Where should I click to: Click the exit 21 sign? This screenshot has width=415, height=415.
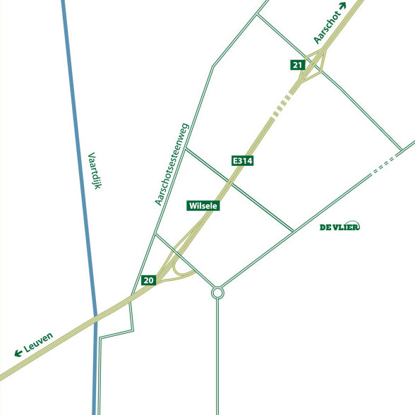pyautogui.click(x=297, y=65)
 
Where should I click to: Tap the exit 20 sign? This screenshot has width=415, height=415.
pyautogui.click(x=148, y=280)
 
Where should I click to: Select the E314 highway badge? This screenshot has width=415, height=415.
pyautogui.click(x=242, y=161)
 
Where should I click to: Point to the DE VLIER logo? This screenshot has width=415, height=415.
pyautogui.click(x=340, y=227)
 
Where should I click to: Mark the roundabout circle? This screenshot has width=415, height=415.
pyautogui.click(x=217, y=292)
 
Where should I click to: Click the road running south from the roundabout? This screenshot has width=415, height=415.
pyautogui.click(x=217, y=353)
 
